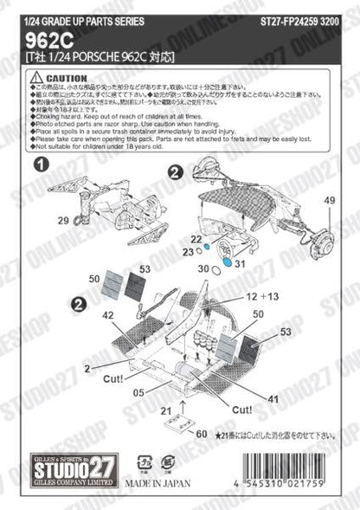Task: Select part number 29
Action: (x=63, y=222)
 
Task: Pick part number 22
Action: (x=196, y=239)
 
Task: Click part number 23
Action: (x=188, y=252)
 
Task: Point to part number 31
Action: (x=241, y=264)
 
